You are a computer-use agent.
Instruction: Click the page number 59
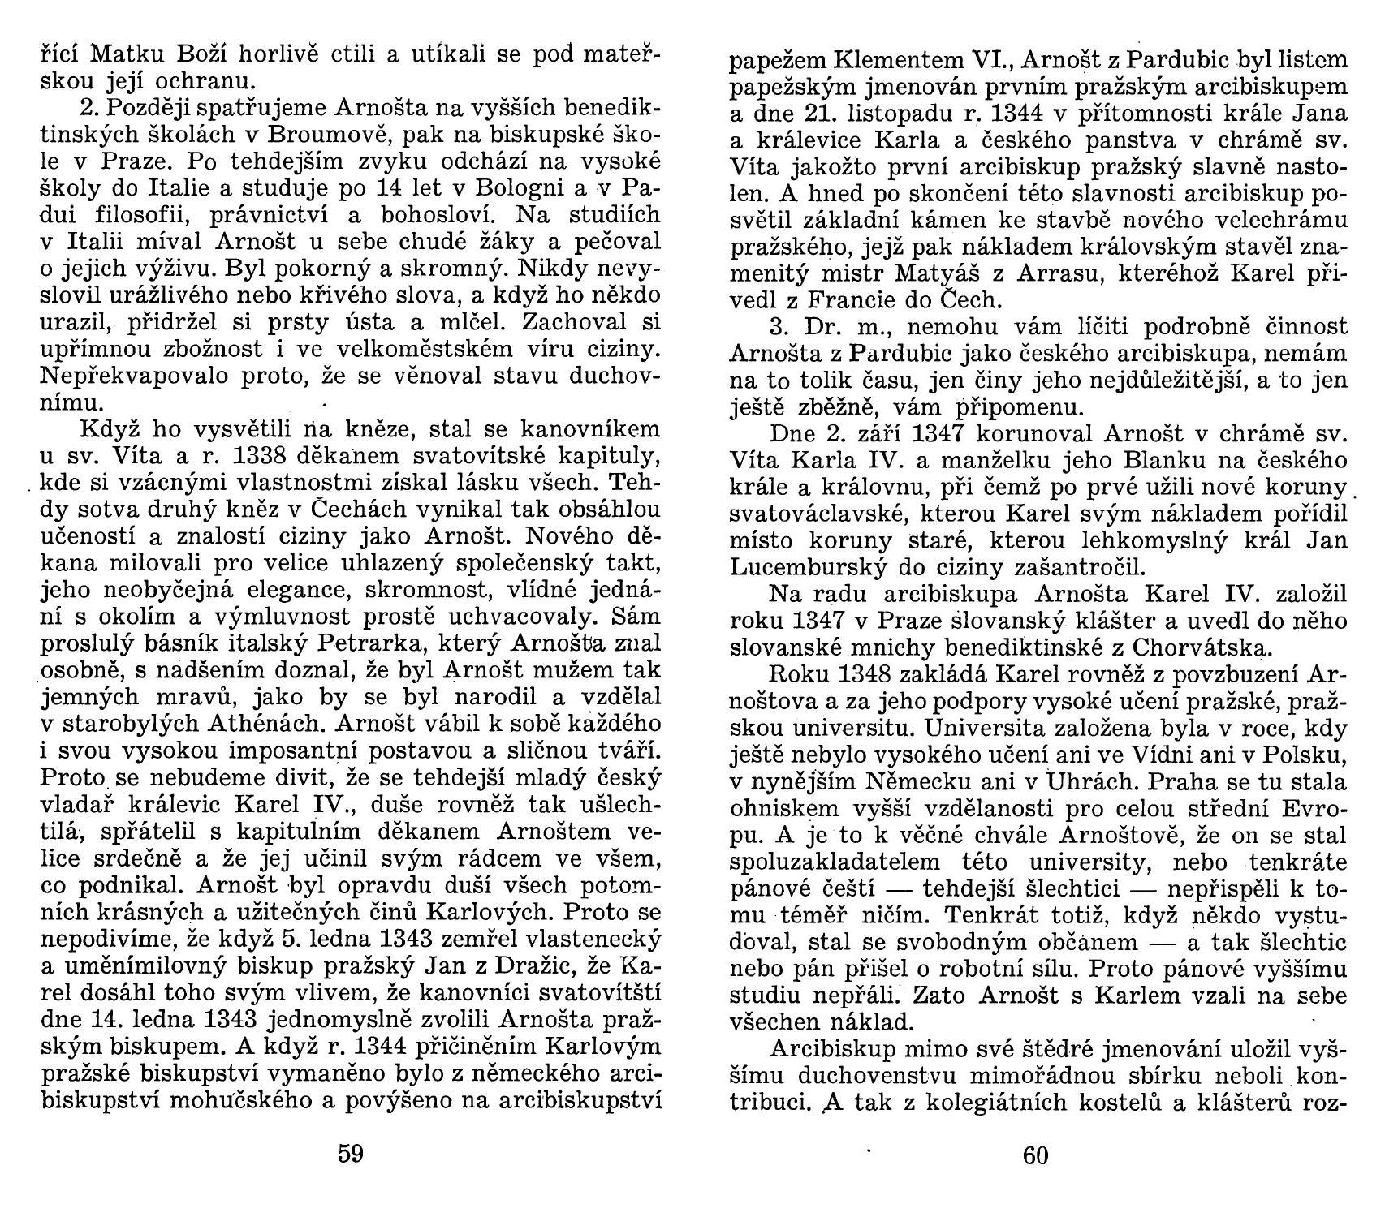(x=350, y=1153)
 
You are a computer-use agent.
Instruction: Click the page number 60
(x=1036, y=1155)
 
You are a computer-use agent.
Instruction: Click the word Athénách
(x=260, y=725)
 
